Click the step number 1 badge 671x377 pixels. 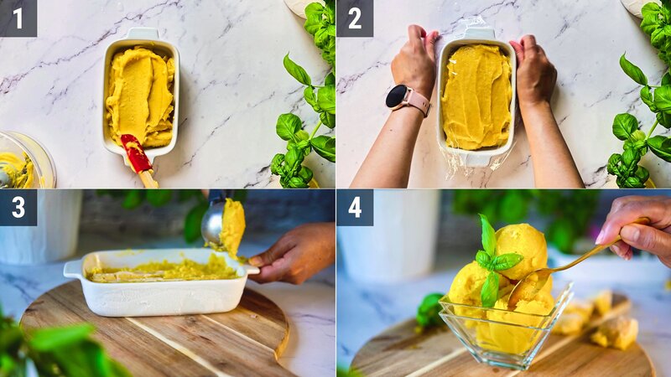pyautogui.click(x=18, y=18)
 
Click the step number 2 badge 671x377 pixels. pyautogui.click(x=354, y=18)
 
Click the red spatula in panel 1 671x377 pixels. pyautogui.click(x=136, y=155)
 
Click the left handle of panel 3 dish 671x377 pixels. pyautogui.click(x=73, y=269)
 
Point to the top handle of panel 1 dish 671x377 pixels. pyautogui.click(x=141, y=34)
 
